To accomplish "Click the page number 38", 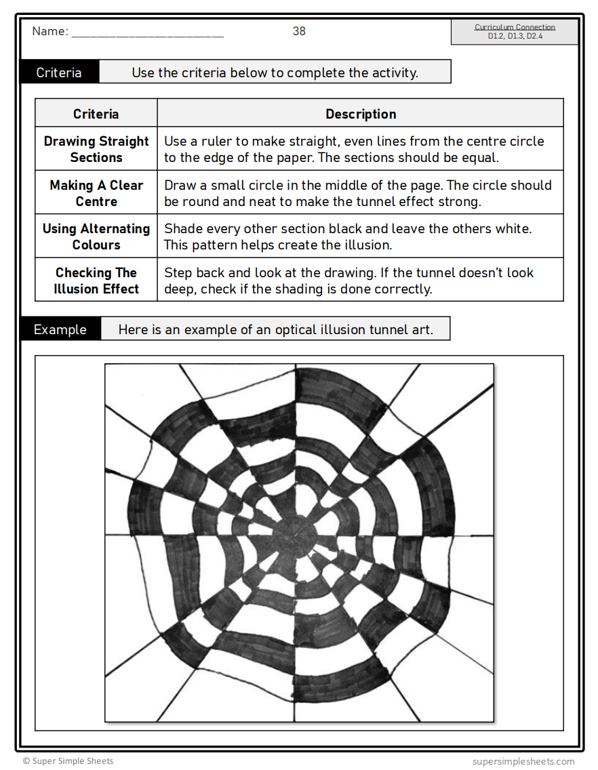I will pos(299,31).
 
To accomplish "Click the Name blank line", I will pos(147,34).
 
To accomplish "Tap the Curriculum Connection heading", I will pos(515,27).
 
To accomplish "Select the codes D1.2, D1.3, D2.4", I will pos(515,37).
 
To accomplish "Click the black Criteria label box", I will pos(59,73).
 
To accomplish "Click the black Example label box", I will pos(60,330).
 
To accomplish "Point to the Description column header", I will pos(361,114).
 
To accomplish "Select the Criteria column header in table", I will pos(96,114).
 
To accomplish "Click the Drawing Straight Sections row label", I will pos(96,149).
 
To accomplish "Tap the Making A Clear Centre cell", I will pos(96,193).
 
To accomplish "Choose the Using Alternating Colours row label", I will pos(96,237).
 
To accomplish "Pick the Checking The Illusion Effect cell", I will pos(96,281).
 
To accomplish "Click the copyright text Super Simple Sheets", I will pos(68,761).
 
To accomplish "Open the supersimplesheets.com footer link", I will pos(523,761).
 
